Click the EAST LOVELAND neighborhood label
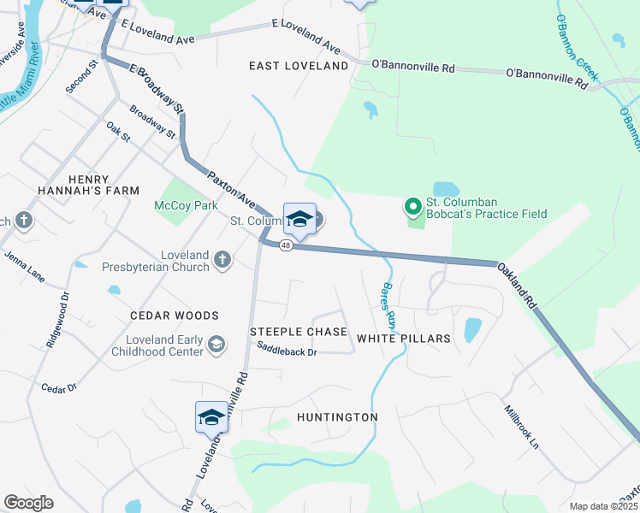click(x=299, y=66)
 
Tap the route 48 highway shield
click(x=286, y=245)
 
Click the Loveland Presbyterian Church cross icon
click(x=222, y=259)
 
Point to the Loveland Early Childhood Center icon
click(x=217, y=344)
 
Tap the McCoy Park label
click(x=186, y=205)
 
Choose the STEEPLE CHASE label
click(x=298, y=332)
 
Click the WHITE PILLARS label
click(x=403, y=339)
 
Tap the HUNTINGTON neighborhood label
click(x=337, y=417)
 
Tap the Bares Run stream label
click(x=388, y=307)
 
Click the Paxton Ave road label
click(x=232, y=189)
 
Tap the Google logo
click(x=28, y=503)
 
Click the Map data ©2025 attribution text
click(x=603, y=506)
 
